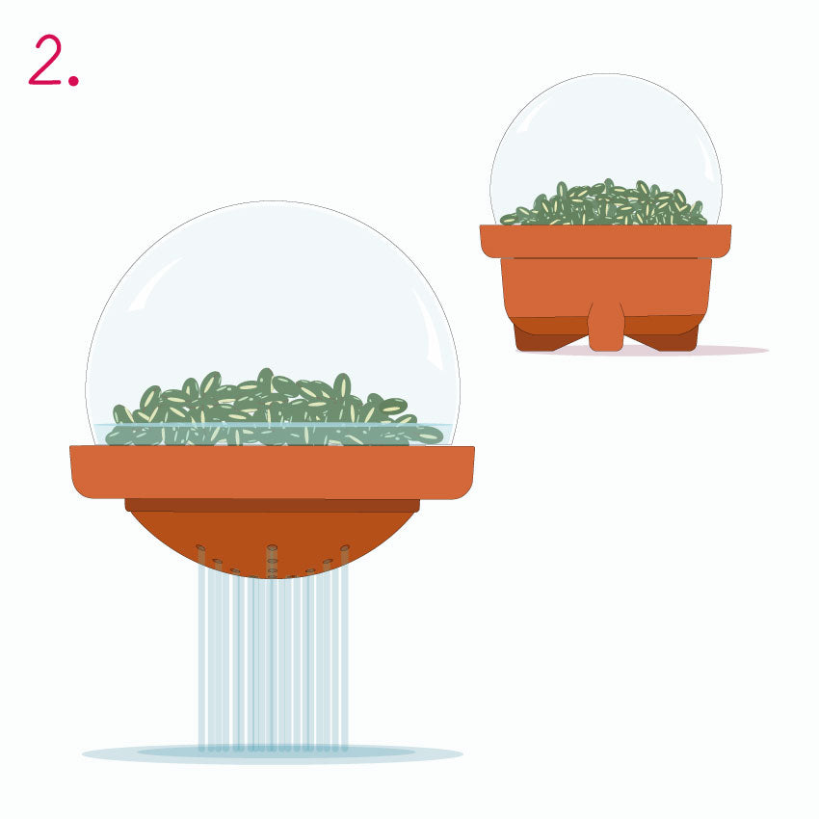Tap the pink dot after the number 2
[73, 80]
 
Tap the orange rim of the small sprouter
[605, 241]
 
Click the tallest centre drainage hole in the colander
[272, 554]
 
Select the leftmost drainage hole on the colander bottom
[200, 555]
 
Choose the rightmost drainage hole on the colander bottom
[345, 555]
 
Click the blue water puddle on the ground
[272, 753]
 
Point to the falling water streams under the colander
[273, 658]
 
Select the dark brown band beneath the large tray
[272, 505]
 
